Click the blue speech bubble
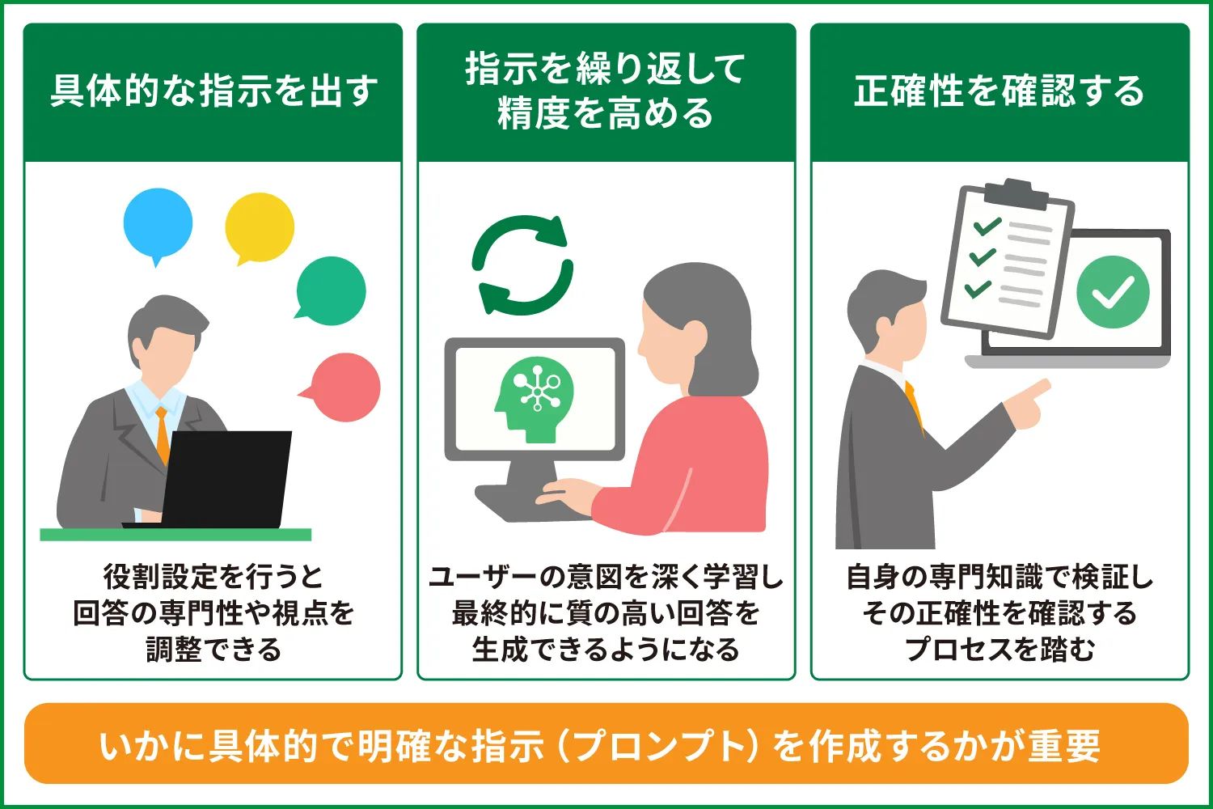click(158, 222)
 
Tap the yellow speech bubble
click(260, 227)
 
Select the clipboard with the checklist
click(1007, 259)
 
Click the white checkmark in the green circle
click(1113, 293)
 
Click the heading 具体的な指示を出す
click(213, 91)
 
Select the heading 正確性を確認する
click(1000, 91)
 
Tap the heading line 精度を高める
click(606, 113)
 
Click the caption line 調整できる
click(213, 649)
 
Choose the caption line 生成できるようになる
click(606, 649)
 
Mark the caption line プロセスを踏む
click(1000, 649)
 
